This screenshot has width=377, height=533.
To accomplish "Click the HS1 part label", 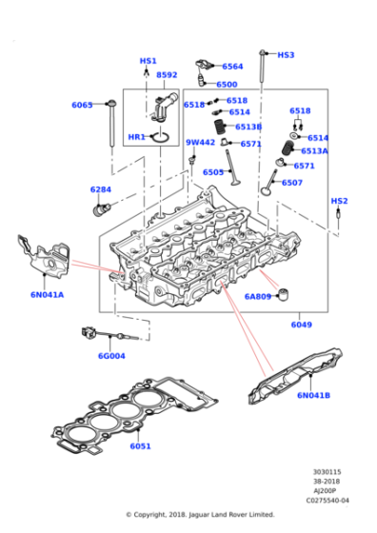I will [149, 61].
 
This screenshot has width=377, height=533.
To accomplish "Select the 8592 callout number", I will [167, 74].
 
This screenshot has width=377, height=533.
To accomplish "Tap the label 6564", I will [232, 67].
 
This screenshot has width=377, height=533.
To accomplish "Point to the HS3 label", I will [286, 55].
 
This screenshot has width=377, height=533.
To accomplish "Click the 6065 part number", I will [82, 105].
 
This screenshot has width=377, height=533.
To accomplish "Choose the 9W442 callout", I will [200, 143].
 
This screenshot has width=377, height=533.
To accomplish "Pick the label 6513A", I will [314, 151].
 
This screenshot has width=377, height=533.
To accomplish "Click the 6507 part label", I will [292, 183].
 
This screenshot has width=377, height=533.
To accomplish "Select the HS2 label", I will [339, 201].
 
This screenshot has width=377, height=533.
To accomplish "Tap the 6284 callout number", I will [101, 189].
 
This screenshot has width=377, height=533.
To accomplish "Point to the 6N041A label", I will [47, 294].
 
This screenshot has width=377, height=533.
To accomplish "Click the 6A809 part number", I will [257, 296].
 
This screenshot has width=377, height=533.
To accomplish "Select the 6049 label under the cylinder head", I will [301, 326].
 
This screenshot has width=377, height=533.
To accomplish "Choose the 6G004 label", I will [111, 356].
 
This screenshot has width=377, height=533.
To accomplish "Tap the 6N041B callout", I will [313, 395].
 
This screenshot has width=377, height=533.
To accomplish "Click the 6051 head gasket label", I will [141, 445].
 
